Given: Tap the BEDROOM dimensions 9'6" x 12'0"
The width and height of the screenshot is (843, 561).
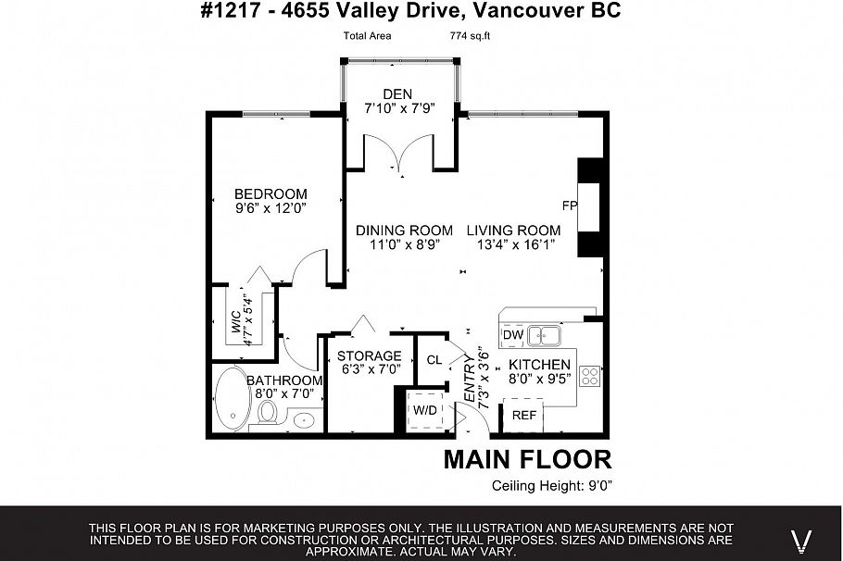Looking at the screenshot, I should pyautogui.click(x=270, y=209).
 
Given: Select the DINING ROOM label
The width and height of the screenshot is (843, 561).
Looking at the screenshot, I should pyautogui.click(x=405, y=231).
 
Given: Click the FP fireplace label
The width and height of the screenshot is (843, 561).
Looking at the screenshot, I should pyautogui.click(x=569, y=205).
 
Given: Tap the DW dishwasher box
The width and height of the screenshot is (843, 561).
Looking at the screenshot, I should pyautogui.click(x=512, y=334).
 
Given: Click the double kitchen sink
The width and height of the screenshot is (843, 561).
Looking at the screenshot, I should pyautogui.click(x=546, y=334).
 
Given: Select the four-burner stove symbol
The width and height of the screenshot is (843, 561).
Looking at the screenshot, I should pyautogui.click(x=589, y=375).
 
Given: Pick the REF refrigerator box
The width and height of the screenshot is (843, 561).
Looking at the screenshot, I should pyautogui.click(x=524, y=416).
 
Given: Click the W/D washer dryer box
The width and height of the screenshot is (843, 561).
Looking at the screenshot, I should pyautogui.click(x=425, y=408).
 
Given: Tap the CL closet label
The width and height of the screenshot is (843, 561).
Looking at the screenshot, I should pyautogui.click(x=434, y=360).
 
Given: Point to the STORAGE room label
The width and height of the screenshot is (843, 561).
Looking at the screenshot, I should pyautogui.click(x=369, y=355).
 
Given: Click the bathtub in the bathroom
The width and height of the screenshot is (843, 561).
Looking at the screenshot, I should pyautogui.click(x=231, y=399).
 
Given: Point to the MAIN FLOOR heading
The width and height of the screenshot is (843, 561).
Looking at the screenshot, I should pyautogui.click(x=527, y=459).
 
